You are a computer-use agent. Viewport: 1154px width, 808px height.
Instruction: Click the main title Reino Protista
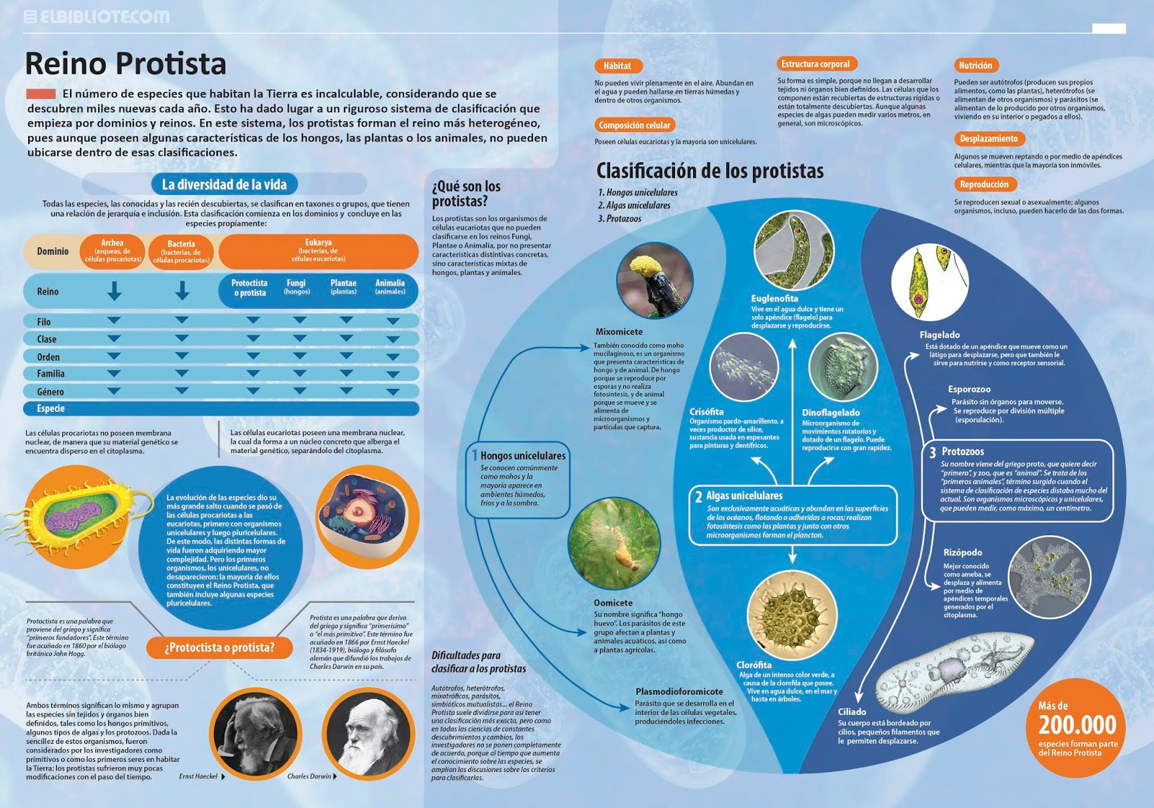[125, 63]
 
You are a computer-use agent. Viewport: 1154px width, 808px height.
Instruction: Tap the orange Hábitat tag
[617, 66]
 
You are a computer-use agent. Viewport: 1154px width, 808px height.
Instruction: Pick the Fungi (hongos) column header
[296, 287]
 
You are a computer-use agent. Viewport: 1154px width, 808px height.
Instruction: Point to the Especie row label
[50, 408]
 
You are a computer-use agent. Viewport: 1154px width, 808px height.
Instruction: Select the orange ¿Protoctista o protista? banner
[219, 648]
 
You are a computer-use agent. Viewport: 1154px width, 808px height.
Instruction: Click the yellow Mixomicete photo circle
[654, 281]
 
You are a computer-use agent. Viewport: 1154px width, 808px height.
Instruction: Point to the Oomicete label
[613, 603]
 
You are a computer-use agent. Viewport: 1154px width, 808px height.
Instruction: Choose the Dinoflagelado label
[831, 413]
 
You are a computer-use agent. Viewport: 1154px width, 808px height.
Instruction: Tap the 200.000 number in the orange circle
[1077, 725]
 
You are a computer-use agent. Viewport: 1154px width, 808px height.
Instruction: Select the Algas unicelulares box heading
[744, 496]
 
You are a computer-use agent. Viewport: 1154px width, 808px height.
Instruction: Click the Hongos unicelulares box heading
[522, 456]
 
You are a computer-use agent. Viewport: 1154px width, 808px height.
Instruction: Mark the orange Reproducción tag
[984, 185]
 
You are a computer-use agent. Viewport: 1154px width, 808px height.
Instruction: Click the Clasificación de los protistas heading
[710, 171]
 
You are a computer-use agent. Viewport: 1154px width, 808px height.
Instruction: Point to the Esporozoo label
[969, 390]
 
